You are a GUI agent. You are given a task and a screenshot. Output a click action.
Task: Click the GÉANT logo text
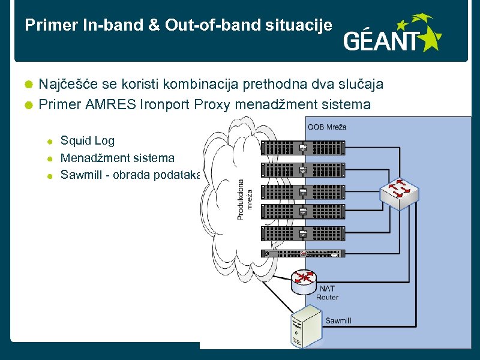[x=382, y=41]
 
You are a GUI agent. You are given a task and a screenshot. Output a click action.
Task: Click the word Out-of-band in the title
[x=203, y=25]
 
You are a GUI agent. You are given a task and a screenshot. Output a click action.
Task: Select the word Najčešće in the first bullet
[x=65, y=84]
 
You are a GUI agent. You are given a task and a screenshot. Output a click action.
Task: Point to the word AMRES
[x=111, y=104]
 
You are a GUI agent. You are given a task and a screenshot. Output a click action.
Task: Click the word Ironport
[x=165, y=104]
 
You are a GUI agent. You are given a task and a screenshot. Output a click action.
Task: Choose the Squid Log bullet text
[x=88, y=140]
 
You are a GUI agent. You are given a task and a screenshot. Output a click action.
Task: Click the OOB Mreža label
[x=327, y=127]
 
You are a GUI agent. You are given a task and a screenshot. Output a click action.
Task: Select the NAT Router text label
[x=327, y=293]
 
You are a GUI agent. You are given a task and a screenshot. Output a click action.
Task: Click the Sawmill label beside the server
[x=338, y=320]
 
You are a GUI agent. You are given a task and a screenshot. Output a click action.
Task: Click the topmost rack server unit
[x=303, y=148]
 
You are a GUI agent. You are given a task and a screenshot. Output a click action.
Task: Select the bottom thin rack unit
[x=303, y=253]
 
